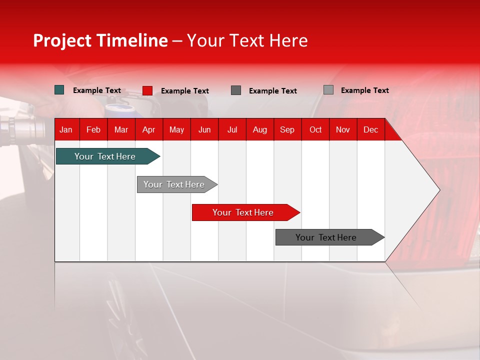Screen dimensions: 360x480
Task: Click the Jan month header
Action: [66, 129]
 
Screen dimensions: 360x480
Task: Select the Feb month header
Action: [93, 129]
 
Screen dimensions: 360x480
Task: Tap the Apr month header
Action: [149, 129]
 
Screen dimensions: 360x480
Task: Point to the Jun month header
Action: [204, 129]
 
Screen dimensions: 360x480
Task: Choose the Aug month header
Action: [260, 129]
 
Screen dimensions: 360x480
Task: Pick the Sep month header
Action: [287, 129]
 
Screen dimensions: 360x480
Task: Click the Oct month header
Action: [315, 129]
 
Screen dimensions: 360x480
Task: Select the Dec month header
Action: [371, 129]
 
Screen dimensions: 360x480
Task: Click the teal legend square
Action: [59, 90]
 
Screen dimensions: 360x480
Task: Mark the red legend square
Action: [147, 90]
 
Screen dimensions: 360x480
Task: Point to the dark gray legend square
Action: [236, 90]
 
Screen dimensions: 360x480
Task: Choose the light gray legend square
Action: [328, 90]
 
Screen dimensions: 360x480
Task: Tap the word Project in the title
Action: [62, 40]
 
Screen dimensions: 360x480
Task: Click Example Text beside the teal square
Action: [97, 90]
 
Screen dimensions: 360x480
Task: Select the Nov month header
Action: [343, 129]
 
